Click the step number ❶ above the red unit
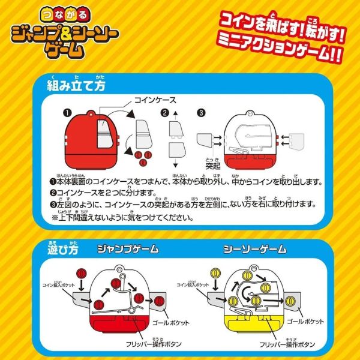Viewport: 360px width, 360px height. tap(67, 112)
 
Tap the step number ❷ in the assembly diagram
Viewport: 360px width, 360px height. tap(164, 112)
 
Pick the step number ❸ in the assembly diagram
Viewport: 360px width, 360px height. tap(201, 112)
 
